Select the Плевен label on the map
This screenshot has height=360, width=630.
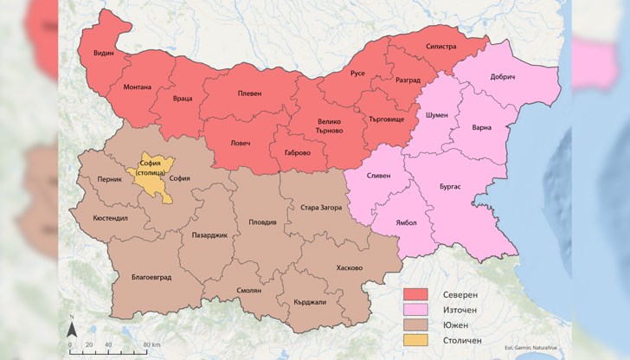249,94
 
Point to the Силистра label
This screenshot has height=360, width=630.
440,46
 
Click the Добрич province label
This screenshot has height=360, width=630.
503,77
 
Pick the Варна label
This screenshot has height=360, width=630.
481,127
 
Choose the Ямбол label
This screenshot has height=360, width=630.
406,222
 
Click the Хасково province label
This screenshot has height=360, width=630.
349,267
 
